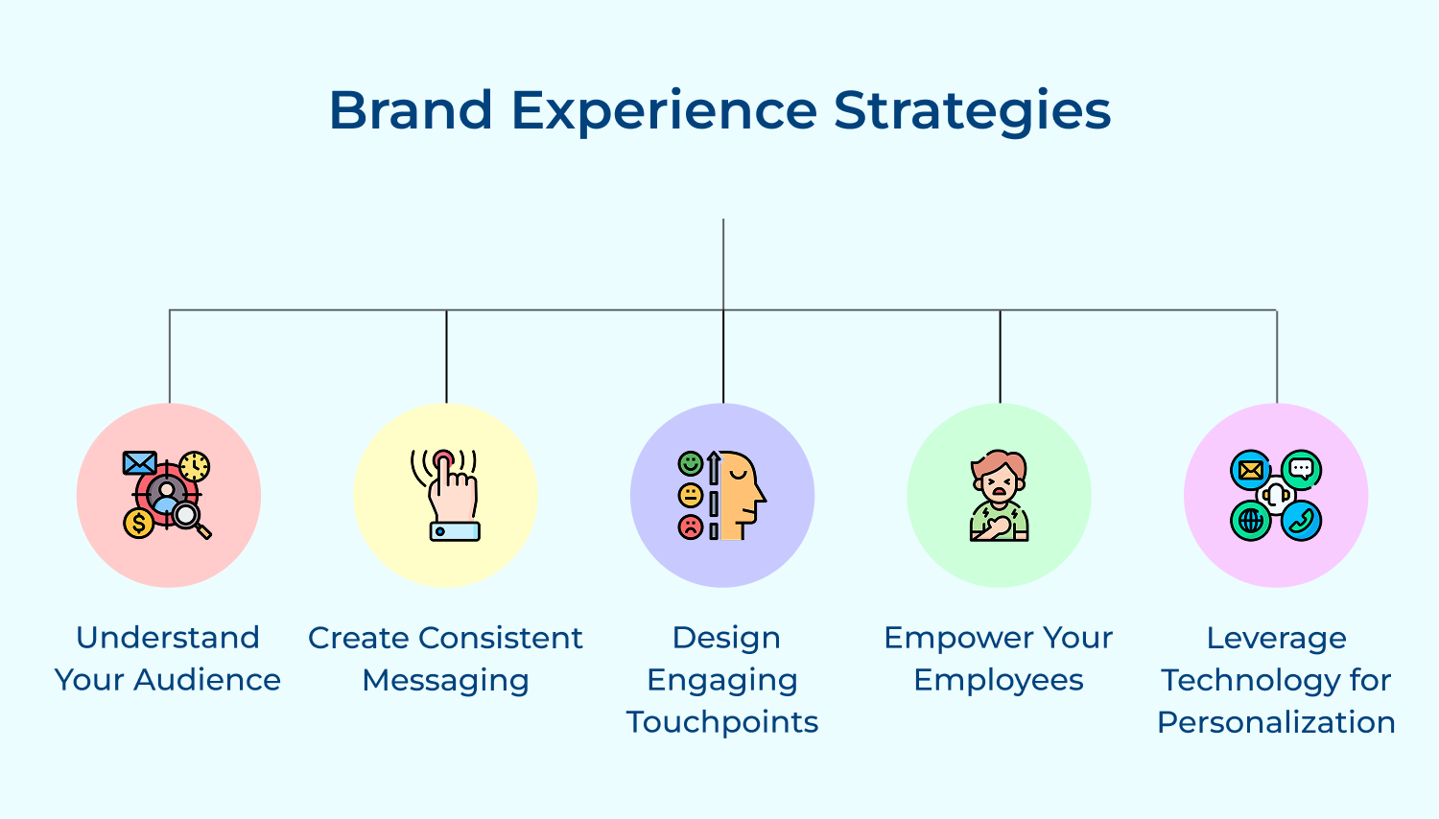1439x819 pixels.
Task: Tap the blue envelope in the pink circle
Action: [x=139, y=464]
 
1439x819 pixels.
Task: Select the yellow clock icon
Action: [x=195, y=466]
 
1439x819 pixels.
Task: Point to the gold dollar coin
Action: [x=139, y=523]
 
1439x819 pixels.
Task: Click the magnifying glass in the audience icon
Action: [x=189, y=519]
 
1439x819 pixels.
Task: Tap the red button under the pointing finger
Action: [x=442, y=459]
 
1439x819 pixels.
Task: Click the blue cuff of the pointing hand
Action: [x=455, y=531]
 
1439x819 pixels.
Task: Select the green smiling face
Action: [x=690, y=464]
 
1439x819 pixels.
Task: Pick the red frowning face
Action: [x=690, y=526]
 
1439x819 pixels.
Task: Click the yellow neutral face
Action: [x=690, y=496]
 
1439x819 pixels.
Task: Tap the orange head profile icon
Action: [x=742, y=495]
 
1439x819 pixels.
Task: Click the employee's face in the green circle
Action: [x=999, y=480]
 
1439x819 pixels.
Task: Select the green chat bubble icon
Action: [x=1301, y=470]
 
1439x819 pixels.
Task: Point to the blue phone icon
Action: [x=1301, y=521]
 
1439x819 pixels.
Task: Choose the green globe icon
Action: [x=1251, y=521]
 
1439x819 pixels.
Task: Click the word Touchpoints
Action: [x=722, y=722]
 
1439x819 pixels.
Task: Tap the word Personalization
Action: [x=1276, y=722]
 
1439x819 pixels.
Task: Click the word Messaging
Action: [x=445, y=680]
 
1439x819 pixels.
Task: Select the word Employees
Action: [x=999, y=680]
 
